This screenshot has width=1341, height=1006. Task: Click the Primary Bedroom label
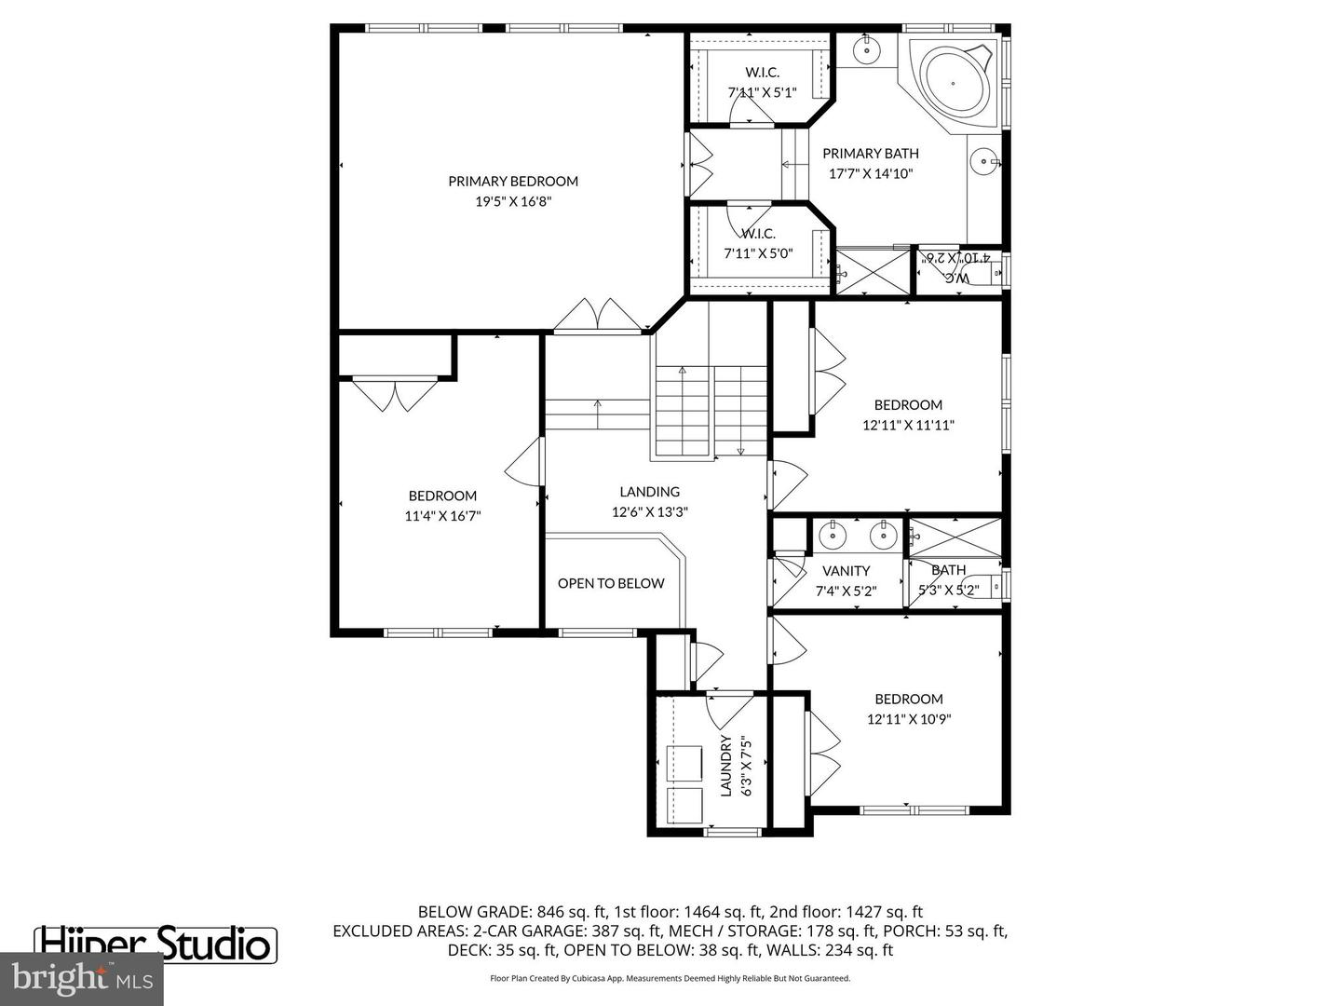pyautogui.click(x=513, y=181)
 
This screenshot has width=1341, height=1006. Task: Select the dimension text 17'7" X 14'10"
pyautogui.click(x=871, y=173)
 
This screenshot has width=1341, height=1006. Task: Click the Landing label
pyautogui.click(x=650, y=491)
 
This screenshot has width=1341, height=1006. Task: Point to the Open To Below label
pyautogui.click(x=611, y=583)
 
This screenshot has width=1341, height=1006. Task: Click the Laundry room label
pyautogui.click(x=726, y=766)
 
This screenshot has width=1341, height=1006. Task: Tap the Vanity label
pyautogui.click(x=846, y=570)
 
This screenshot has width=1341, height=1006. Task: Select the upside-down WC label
pyautogui.click(x=957, y=277)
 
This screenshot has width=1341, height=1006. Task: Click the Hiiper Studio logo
pyautogui.click(x=156, y=944)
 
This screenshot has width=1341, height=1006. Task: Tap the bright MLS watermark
pyautogui.click(x=81, y=978)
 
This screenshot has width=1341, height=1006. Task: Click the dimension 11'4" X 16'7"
pyautogui.click(x=442, y=516)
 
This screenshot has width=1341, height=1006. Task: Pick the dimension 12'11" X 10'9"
pyautogui.click(x=908, y=719)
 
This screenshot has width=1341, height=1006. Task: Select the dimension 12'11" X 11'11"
pyautogui.click(x=908, y=425)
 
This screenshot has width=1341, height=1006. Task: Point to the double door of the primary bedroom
pyautogui.click(x=597, y=316)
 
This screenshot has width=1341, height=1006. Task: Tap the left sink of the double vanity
pyautogui.click(x=832, y=536)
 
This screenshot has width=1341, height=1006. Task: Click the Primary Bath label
pyautogui.click(x=871, y=153)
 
